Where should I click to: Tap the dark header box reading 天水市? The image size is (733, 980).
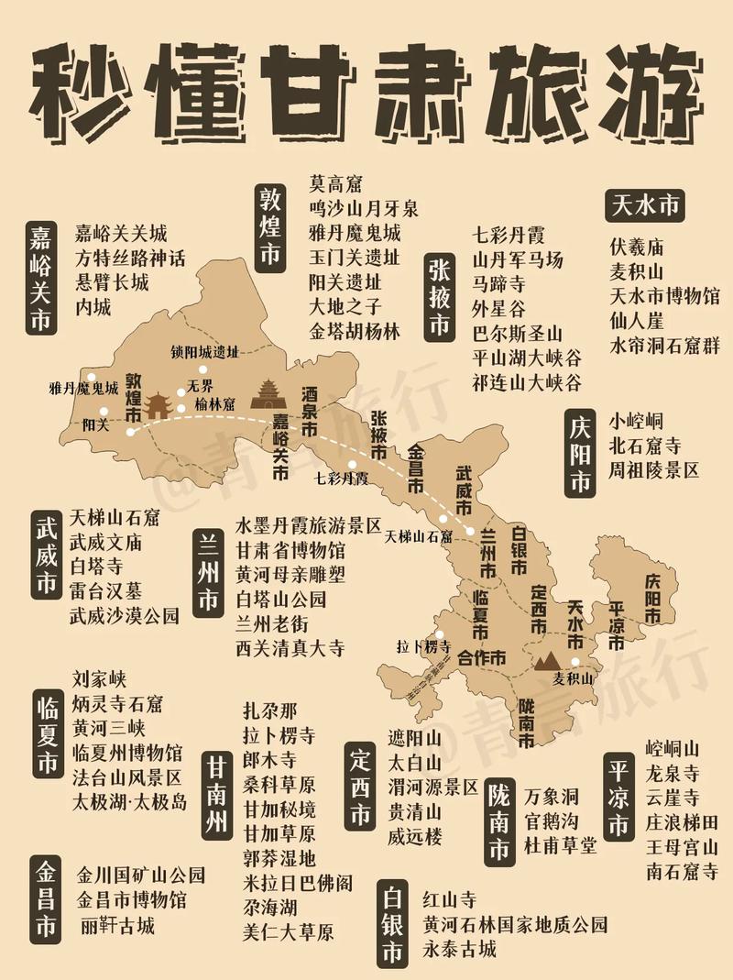pos(645,205)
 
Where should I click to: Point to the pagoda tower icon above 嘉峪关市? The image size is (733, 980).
pos(269,395)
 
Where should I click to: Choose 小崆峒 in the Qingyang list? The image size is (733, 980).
pos(637,422)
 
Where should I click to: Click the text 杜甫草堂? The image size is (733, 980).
pos(560,844)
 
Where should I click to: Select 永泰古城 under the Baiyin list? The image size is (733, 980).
pos(459,948)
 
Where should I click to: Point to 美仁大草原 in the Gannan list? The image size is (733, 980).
pos(288,932)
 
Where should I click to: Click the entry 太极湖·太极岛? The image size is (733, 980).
pos(129,802)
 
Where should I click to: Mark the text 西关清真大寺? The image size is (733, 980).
pos(290,648)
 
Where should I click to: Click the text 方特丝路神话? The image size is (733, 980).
pos(130,258)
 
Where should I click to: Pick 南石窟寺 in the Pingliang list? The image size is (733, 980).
pos(681,870)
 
